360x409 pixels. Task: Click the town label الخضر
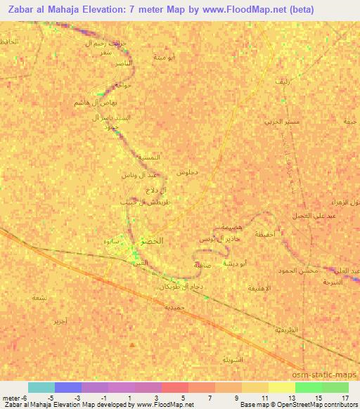tap(153, 241)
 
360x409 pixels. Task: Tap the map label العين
tap(141, 263)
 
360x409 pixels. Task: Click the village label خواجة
tap(123, 85)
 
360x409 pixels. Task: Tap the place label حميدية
tap(174, 307)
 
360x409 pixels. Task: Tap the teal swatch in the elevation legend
tap(41, 387)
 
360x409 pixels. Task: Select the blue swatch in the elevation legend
tap(68, 387)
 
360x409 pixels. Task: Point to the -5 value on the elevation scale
tap(51, 397)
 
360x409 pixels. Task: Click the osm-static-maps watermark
tap(328, 375)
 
